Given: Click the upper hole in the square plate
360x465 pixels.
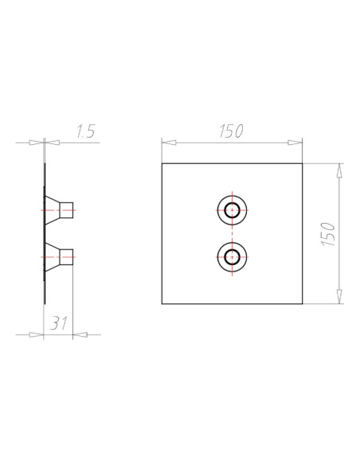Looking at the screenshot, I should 233,211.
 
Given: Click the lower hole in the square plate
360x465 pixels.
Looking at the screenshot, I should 233,256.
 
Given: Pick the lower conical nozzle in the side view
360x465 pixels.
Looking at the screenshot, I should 55,256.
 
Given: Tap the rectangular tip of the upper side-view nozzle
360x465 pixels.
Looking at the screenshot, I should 68,211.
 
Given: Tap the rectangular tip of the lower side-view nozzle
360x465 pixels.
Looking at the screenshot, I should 68,256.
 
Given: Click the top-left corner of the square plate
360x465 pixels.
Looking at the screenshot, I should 162,164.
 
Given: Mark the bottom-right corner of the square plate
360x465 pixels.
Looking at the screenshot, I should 303,304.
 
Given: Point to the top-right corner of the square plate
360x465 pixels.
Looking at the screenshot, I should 303,164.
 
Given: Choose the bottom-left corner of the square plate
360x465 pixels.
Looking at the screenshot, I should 162,304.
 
